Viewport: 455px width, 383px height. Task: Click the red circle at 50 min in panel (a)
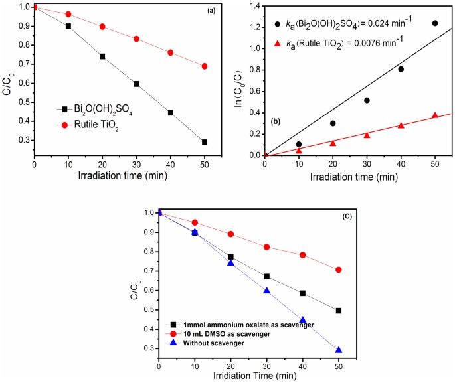tap(205, 66)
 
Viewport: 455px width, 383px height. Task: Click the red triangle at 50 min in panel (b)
tap(435, 115)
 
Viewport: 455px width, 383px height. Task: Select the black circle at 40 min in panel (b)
tap(401, 69)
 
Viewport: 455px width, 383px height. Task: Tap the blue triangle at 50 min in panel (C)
tap(339, 350)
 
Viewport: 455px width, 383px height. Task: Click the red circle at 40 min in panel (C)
tap(303, 255)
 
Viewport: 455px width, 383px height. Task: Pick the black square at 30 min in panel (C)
tap(266, 277)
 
